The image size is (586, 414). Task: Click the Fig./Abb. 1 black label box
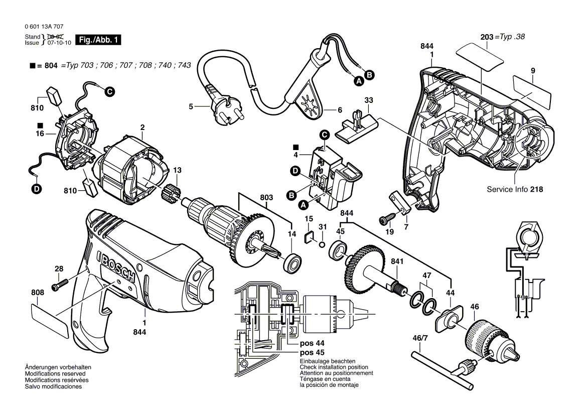click(98, 40)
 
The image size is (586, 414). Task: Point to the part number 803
click(267, 198)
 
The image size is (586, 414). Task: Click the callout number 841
click(397, 261)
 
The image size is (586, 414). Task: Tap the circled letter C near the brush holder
click(109, 91)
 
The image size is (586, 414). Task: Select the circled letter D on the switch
click(295, 171)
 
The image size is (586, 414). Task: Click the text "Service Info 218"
click(515, 190)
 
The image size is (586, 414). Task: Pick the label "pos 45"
click(312, 352)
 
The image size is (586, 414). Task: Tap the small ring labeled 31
click(321, 244)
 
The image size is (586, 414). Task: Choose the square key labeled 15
click(309, 237)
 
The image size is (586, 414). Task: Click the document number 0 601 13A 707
click(44, 27)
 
